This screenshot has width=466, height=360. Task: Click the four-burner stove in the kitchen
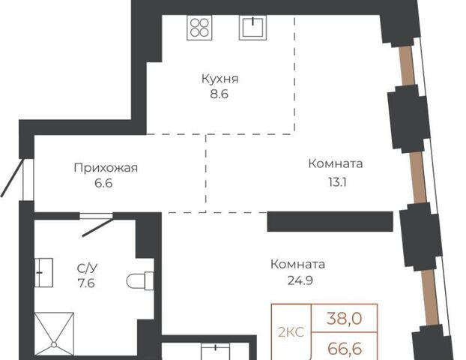pyautogui.click(x=199, y=27)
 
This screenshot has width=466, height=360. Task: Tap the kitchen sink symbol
pyautogui.click(x=252, y=27)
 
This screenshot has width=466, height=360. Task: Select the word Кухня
pyautogui.click(x=220, y=79)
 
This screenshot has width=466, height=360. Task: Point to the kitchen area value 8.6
pyautogui.click(x=219, y=94)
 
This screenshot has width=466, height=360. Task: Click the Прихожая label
pyautogui.click(x=106, y=169)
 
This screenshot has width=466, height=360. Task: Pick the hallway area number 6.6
pyautogui.click(x=103, y=183)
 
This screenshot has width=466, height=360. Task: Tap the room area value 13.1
pyautogui.click(x=337, y=181)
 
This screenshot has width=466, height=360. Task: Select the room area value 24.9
pyautogui.click(x=300, y=280)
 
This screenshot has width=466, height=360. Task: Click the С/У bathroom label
pyautogui.click(x=87, y=268)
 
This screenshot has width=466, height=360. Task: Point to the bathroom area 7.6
pyautogui.click(x=86, y=283)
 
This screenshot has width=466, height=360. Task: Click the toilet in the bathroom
pyautogui.click(x=140, y=280)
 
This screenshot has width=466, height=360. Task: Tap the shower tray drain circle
pyautogui.click(x=54, y=345)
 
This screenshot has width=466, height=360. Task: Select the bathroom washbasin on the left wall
pyautogui.click(x=43, y=272)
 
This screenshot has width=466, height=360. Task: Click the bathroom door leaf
pyautogui.click(x=97, y=227)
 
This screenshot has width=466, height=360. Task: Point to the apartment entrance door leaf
pyautogui.click(x=12, y=178)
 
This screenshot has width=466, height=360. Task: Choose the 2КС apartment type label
pyautogui.click(x=291, y=332)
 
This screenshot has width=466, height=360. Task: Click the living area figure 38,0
pyautogui.click(x=344, y=318)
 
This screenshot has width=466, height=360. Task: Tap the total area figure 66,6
pyautogui.click(x=345, y=348)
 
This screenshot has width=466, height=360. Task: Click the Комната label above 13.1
pyautogui.click(x=336, y=163)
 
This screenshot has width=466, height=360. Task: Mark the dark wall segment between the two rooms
pyautogui.click(x=330, y=221)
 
